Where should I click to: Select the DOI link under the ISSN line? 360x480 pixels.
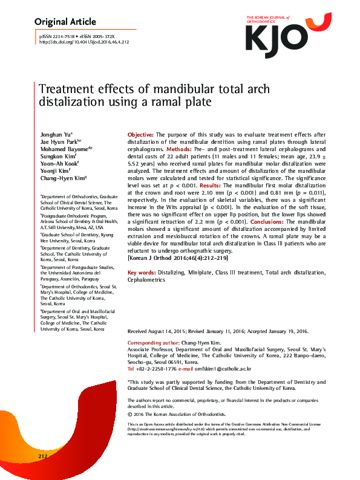84,42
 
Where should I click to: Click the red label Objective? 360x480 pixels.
140,134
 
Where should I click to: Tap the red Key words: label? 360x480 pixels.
143,273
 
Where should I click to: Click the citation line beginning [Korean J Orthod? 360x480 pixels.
175,258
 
